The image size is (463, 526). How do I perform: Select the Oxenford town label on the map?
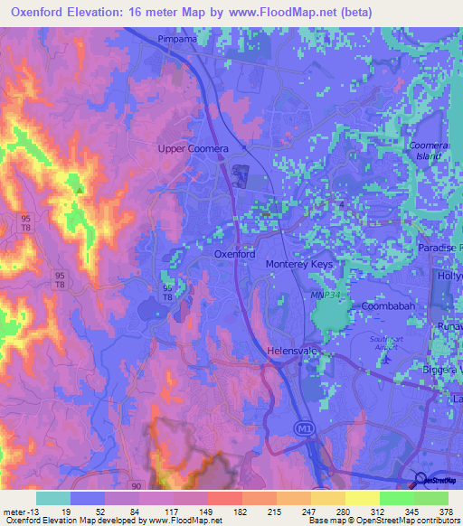pyautogui.click(x=234, y=255)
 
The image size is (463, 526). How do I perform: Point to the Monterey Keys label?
pyautogui.click(x=300, y=264)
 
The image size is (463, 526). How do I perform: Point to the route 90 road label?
pyautogui.click(x=135, y=486)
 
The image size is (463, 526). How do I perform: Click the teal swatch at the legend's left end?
pyautogui.click(x=52, y=498)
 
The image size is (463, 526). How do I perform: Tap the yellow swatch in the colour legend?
pyautogui.click(x=362, y=498)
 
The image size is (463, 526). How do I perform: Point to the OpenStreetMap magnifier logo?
pyautogui.click(x=421, y=480)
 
